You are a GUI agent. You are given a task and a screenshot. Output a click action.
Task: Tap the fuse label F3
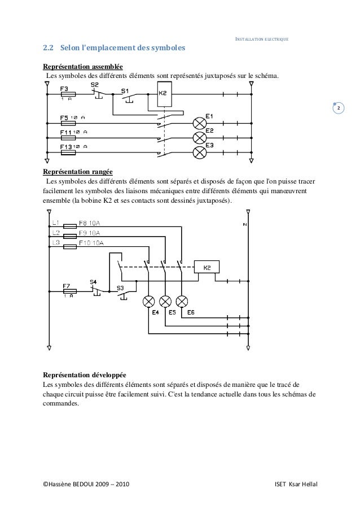coord(64,89)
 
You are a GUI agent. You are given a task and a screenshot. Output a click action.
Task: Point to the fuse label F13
coord(67,147)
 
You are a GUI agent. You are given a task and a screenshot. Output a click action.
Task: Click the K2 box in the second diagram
coord(207,268)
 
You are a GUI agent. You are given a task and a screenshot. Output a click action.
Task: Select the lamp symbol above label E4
coord(150,300)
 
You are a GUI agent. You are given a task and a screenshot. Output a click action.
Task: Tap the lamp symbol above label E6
coord(182,300)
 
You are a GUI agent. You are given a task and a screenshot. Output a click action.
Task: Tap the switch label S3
coord(121,288)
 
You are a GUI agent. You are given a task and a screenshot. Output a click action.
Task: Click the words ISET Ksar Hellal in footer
coord(295,486)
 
